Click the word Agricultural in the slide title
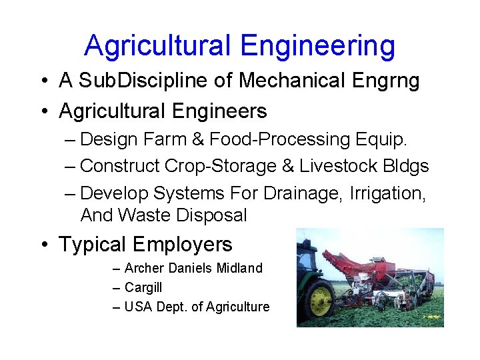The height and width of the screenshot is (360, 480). point(157,45)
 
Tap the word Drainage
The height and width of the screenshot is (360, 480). point(306,193)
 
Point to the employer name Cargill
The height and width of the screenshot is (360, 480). point(143,287)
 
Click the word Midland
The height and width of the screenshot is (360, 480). point(241,268)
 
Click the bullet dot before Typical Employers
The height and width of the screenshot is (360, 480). point(44,245)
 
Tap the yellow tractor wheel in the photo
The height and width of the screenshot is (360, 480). point(321,301)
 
